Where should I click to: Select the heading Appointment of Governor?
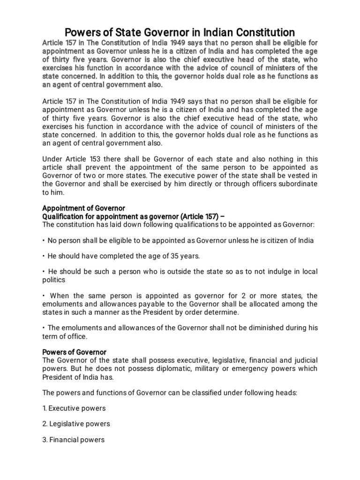coord(84,208)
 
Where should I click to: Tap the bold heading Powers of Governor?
coord(75,352)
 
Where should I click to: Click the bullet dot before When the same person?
coord(44,296)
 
